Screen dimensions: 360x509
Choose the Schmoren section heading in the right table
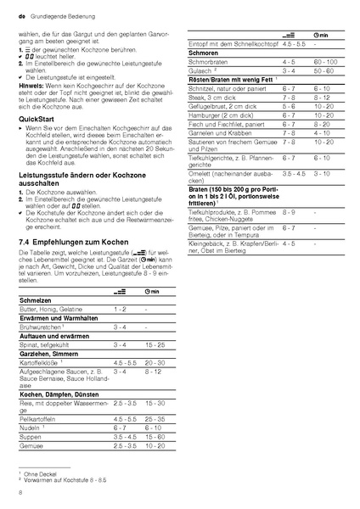click(200, 76)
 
